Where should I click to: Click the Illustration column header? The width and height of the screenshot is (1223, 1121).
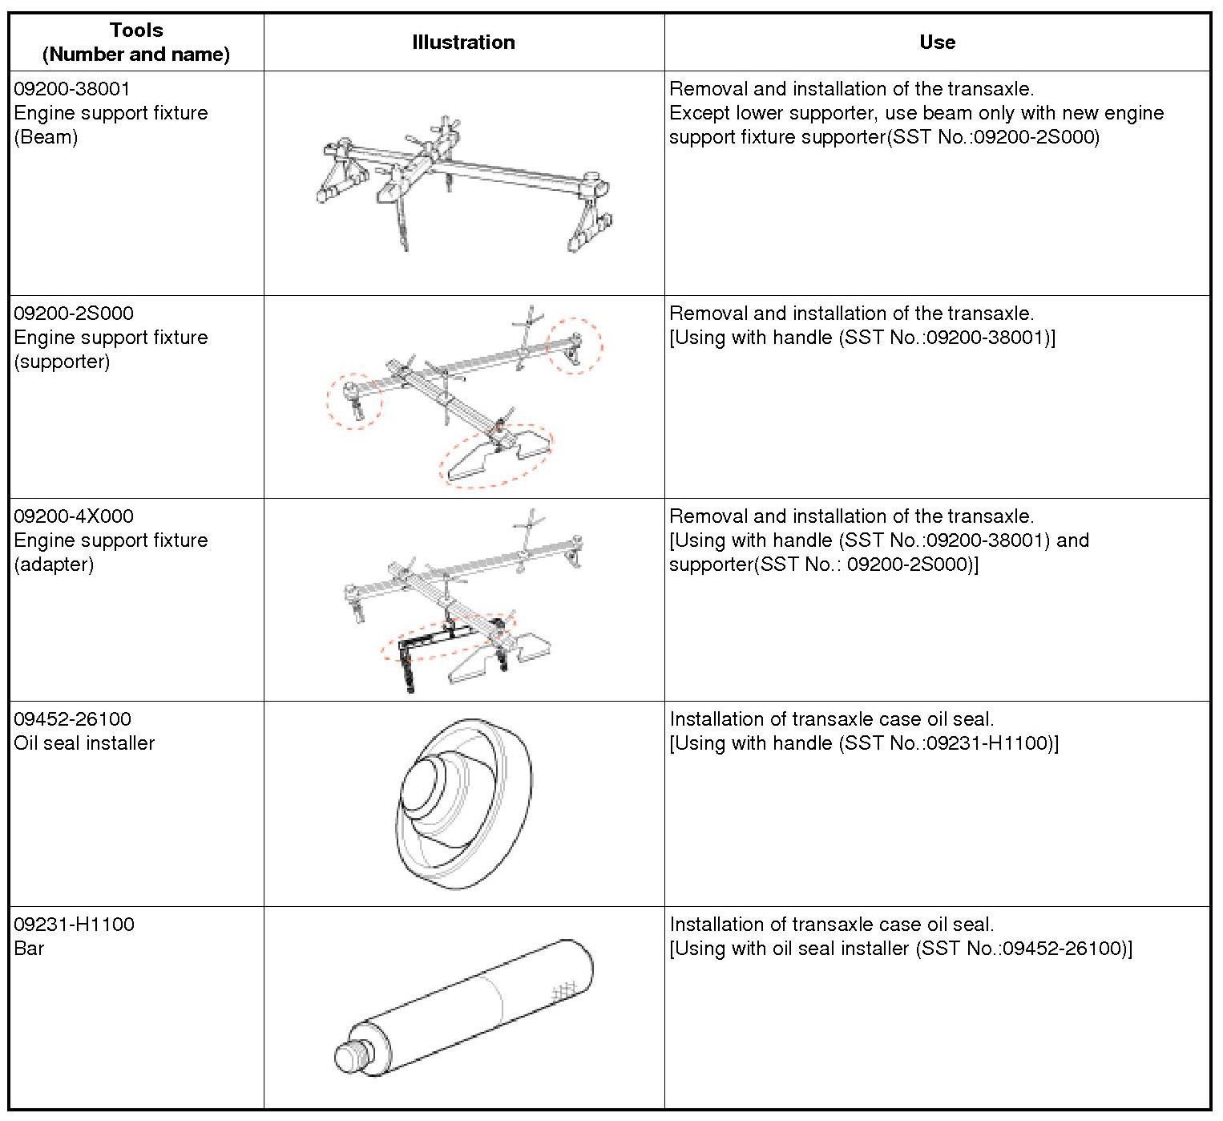tap(463, 42)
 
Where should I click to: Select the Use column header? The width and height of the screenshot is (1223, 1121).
tap(937, 42)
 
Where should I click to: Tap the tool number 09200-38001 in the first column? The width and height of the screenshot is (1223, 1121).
tap(72, 89)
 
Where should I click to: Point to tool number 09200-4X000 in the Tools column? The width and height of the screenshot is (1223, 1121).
tap(74, 516)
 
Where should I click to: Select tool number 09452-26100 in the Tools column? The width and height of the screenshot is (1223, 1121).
tap(72, 719)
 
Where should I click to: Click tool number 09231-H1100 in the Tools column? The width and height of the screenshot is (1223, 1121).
tap(74, 925)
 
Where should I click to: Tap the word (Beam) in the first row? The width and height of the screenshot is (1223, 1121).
tap(46, 137)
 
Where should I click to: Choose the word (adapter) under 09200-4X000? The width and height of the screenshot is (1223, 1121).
tap(54, 565)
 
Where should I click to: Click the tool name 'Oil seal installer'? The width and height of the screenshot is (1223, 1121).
tap(84, 743)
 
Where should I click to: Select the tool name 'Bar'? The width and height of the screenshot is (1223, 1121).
tap(29, 949)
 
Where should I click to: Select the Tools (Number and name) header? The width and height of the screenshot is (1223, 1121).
tap(136, 42)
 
